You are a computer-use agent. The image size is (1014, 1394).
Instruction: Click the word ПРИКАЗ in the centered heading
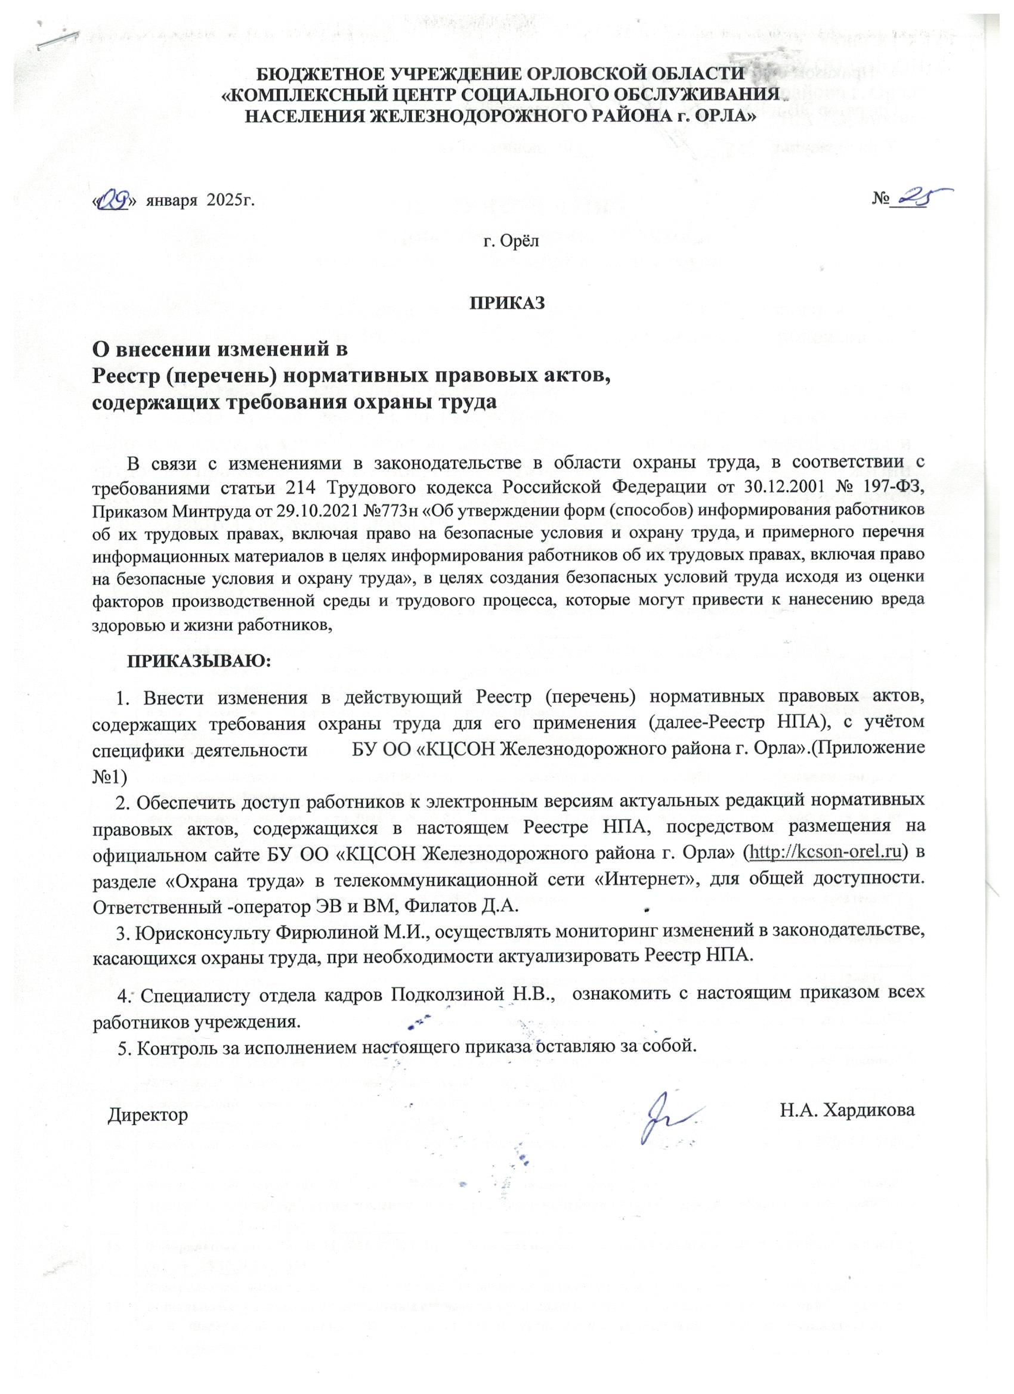click(508, 303)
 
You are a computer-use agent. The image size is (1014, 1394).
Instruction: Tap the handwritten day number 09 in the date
click(115, 200)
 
